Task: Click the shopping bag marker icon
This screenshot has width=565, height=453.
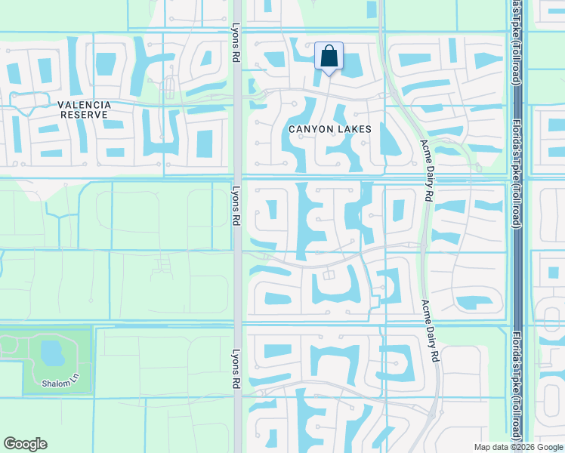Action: click(x=329, y=56)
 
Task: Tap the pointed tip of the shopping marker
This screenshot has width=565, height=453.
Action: click(x=329, y=75)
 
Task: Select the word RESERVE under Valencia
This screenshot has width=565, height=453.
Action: click(x=82, y=115)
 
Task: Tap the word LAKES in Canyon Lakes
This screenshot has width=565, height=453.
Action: click(x=354, y=129)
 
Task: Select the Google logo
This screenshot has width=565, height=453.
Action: click(x=26, y=444)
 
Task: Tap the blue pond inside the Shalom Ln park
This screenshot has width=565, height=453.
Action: click(x=51, y=352)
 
